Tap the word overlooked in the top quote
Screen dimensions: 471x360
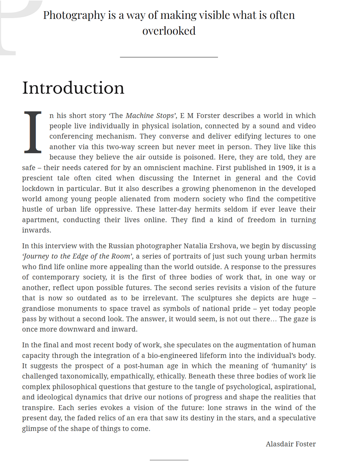point(169,31)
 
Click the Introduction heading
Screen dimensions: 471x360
point(73,88)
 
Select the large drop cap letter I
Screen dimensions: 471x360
point(33,132)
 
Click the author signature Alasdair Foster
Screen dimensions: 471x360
point(291,444)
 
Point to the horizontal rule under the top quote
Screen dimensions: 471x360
point(169,57)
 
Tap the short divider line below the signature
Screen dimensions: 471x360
point(169,460)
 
